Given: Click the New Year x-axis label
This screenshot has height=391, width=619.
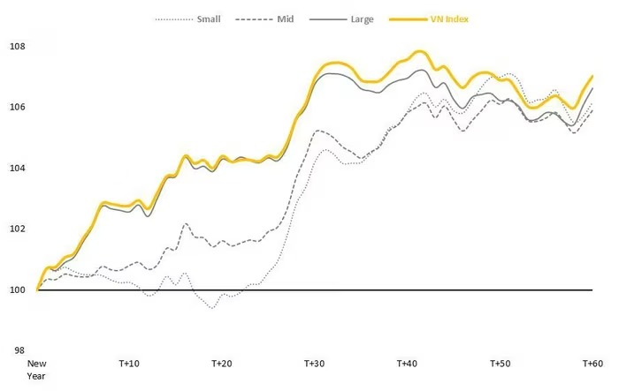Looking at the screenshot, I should coord(36,369).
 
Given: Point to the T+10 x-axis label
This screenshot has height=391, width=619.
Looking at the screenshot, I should coord(129,364).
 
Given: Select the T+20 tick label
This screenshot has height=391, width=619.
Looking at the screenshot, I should coord(221,364).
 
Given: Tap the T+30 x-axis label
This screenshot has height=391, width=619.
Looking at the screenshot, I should coord(314,364).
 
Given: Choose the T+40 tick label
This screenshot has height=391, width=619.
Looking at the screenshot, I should coord(406,364).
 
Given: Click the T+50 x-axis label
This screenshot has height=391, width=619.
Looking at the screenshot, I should coord(499,364).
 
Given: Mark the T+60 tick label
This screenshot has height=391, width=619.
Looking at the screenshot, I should coord(591,364).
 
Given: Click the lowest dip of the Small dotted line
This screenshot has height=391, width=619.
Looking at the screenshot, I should coord(212,307).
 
